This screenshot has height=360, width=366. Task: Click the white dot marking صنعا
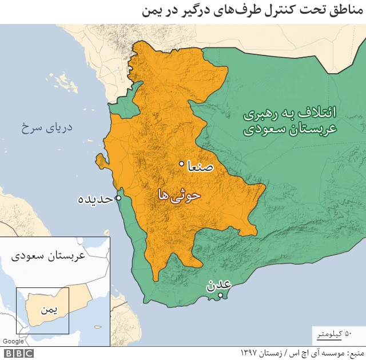tap(182, 164)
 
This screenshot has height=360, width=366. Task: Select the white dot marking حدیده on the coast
tap(118, 198)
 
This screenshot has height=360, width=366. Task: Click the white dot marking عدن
tap(221, 294)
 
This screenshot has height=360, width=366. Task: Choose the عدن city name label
tap(219, 284)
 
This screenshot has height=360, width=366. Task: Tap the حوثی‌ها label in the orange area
tap(178, 195)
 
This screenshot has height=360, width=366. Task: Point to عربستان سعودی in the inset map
tap(48, 256)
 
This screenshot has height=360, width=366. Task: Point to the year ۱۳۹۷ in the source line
tap(251, 353)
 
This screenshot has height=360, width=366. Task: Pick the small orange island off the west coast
tap(101, 161)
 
